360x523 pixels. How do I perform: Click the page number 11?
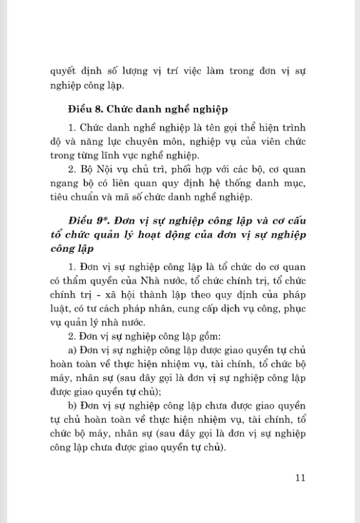pyautogui.click(x=299, y=478)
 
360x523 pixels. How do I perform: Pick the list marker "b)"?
pyautogui.click(x=72, y=405)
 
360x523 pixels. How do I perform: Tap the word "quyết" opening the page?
pyautogui.click(x=64, y=70)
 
